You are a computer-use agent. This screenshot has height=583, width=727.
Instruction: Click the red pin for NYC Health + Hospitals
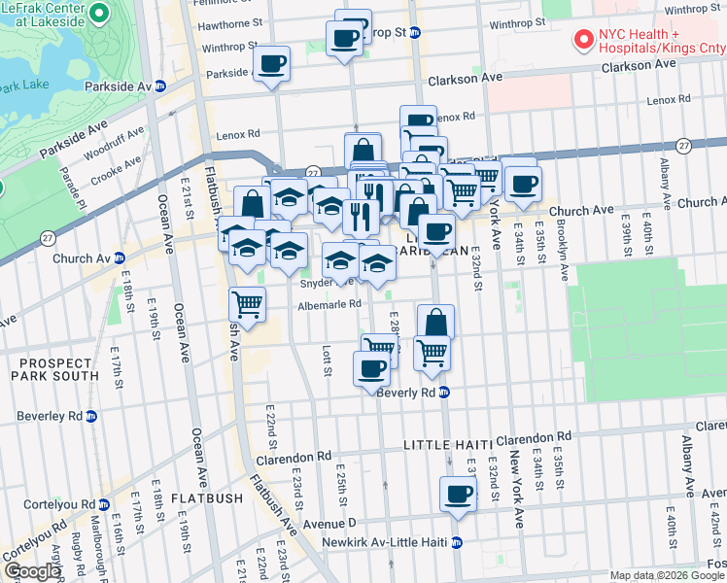(x=583, y=40)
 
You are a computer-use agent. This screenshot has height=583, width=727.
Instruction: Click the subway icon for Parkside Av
(x=173, y=86)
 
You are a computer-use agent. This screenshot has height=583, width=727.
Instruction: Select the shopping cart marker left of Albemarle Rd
(x=248, y=305)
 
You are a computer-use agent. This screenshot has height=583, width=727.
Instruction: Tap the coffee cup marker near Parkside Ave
(x=271, y=64)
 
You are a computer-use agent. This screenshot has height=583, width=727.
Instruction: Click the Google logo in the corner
(x=32, y=571)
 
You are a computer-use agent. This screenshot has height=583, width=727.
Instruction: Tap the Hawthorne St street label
(x=230, y=21)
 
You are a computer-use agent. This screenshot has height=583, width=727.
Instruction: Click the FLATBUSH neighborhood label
(x=206, y=498)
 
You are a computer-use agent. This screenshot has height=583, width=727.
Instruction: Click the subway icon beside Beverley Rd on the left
(x=91, y=416)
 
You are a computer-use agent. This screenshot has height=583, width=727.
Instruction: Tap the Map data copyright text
(x=667, y=575)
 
